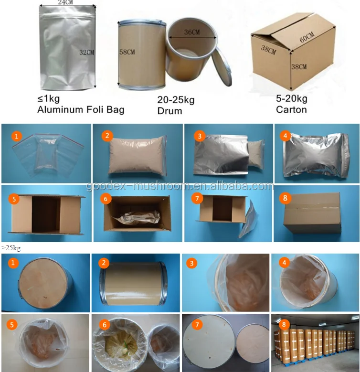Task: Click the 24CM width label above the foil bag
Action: coord(65,2)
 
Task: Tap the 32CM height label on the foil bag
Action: coord(86,53)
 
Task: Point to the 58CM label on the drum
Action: coord(127,52)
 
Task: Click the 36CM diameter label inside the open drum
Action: coord(192,32)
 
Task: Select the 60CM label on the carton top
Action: coord(307,37)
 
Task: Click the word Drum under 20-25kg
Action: coord(170,111)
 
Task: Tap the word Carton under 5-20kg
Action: coord(291,110)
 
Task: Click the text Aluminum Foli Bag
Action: coord(81,110)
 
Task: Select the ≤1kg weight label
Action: coord(48,98)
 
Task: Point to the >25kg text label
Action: coord(11,248)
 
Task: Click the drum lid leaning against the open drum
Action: coord(222,67)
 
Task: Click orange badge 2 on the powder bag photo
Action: coord(107,136)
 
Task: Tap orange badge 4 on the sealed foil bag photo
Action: coord(286,136)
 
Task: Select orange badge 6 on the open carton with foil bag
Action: coord(106,199)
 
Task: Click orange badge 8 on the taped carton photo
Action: coord(285,198)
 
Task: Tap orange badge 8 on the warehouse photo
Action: coord(284,324)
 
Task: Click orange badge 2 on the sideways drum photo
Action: coord(104,263)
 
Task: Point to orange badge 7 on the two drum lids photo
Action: coord(197,324)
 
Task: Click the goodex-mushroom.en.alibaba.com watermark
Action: coord(180,186)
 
